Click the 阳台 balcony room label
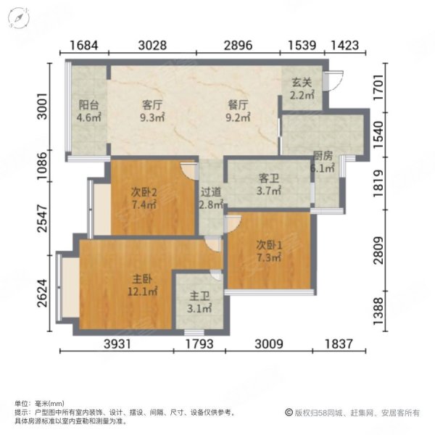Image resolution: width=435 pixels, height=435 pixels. (x=88, y=104)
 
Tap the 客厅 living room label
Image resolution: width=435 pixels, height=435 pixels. (x=152, y=104)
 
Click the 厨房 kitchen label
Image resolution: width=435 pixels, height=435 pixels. (x=323, y=155)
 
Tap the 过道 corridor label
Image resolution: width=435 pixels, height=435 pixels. (x=211, y=191)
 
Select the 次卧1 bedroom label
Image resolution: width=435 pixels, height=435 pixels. (x=270, y=244)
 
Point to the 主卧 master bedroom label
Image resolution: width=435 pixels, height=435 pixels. (x=142, y=278)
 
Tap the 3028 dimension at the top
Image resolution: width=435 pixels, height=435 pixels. (x=153, y=45)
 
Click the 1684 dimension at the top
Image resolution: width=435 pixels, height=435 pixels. (x=84, y=45)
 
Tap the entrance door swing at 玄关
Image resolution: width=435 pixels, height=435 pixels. (x=333, y=80)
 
